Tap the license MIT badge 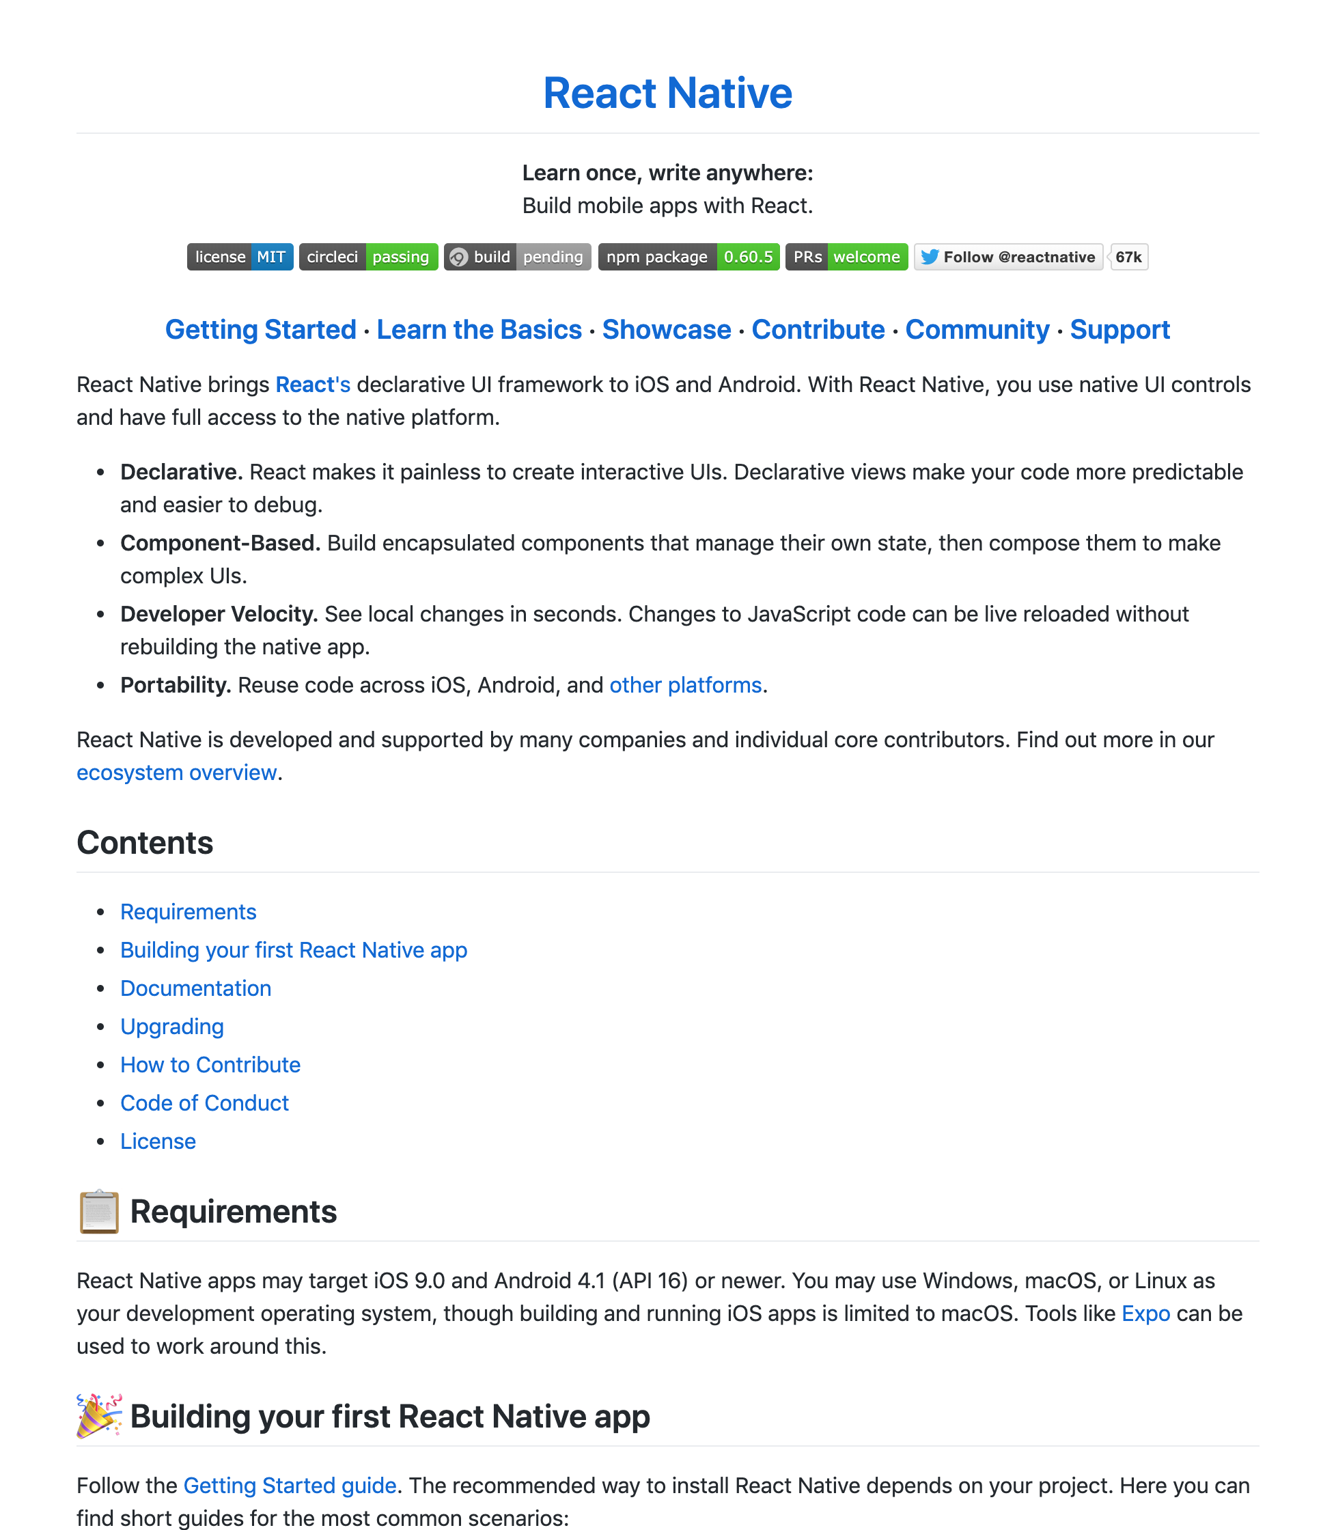point(240,258)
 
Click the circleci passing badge point(368,258)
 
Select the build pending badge point(518,258)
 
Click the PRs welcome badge point(846,258)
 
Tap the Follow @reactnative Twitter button point(1008,258)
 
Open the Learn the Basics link point(479,329)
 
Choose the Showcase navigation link point(667,329)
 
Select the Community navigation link point(977,329)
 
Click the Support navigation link point(1119,329)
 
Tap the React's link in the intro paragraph point(312,385)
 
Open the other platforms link point(685,685)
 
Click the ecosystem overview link point(177,773)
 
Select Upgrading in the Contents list point(172,1027)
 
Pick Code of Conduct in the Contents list point(204,1103)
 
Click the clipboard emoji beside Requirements point(99,1212)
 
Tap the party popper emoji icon point(99,1416)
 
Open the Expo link point(1145,1313)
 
